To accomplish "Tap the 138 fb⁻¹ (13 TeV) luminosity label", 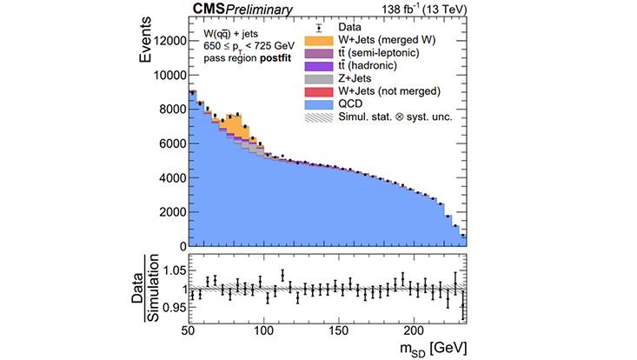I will point(425,10).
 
